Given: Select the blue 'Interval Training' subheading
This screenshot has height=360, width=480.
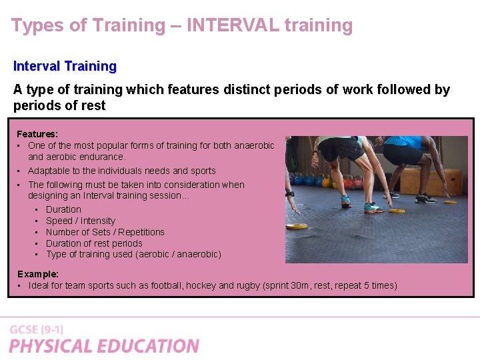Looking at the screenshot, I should pos(65,66).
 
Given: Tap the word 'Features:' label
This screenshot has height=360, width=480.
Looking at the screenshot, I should pos(37,134).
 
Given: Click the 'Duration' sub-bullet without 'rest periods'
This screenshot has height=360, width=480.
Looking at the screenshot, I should pos(63,209).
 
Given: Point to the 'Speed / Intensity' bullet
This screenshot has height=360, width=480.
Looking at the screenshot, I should pos(80,221).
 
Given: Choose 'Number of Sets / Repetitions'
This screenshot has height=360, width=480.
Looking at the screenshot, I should pos(105,232).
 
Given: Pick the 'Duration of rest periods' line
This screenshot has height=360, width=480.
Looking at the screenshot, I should pos(94,243).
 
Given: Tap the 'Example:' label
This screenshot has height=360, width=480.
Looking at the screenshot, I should pos(38,274).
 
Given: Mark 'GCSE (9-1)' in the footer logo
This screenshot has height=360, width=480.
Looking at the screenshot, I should pos(37,329).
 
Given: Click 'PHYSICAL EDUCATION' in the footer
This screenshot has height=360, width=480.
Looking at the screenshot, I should pos(104,346).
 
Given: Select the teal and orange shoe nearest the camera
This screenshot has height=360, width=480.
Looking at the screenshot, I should pos(373,207).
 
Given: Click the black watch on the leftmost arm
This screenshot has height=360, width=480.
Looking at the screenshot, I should pos(289,194).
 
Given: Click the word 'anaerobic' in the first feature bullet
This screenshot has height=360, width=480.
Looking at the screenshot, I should pos(253,145).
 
